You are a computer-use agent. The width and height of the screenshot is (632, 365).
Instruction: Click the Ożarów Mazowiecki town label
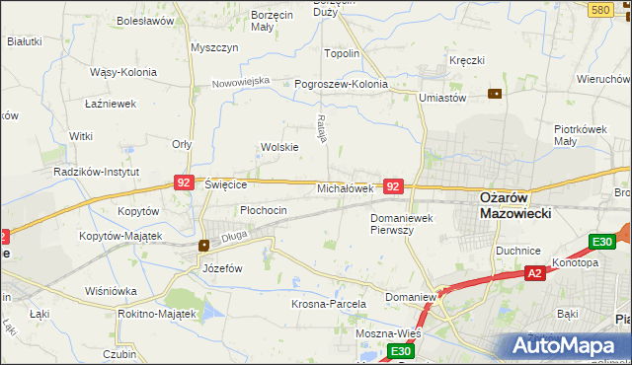click(x=514, y=204)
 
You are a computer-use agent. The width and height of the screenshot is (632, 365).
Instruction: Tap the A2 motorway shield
click(x=534, y=273)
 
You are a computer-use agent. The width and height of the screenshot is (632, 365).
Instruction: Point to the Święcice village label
click(x=231, y=184)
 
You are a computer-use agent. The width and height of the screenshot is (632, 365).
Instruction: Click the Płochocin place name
click(x=264, y=210)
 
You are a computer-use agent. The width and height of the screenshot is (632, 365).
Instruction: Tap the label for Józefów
click(x=222, y=268)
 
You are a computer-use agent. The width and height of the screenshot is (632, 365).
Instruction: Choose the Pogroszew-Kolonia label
click(x=342, y=85)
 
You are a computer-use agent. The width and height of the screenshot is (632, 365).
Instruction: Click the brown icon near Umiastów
click(x=495, y=94)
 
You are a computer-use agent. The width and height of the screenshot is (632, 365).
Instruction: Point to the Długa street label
click(x=234, y=236)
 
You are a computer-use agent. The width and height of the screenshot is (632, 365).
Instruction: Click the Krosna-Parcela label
click(x=329, y=304)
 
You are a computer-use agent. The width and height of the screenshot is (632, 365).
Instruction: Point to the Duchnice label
click(x=518, y=250)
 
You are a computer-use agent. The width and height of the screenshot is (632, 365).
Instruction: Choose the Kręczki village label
click(x=467, y=60)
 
